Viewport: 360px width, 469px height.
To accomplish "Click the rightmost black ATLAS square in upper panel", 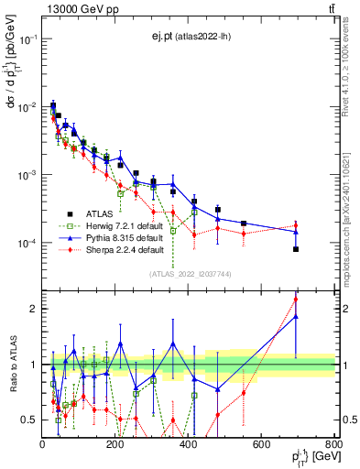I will pyautogui.click(x=296, y=249).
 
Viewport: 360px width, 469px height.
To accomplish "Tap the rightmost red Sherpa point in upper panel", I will pyautogui.click(x=296, y=225).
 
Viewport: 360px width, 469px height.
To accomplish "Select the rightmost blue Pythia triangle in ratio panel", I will pyautogui.click(x=296, y=317).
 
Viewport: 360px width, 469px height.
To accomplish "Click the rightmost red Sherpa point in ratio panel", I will pyautogui.click(x=296, y=299).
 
